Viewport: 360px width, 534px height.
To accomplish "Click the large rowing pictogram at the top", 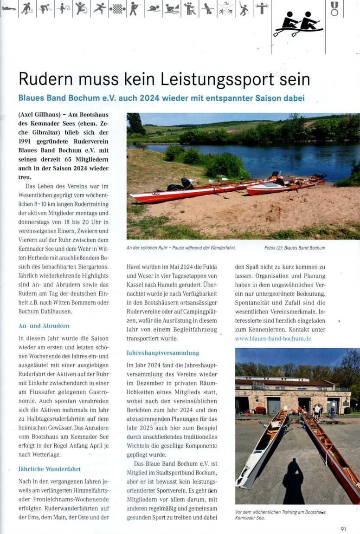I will [x=298, y=24].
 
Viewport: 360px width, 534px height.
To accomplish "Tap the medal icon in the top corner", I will [x=334, y=8].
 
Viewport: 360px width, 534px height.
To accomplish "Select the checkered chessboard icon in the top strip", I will [x=117, y=8].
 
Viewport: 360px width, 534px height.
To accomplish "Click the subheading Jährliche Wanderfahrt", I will [x=49, y=456].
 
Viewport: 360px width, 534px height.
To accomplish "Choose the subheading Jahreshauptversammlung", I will [x=163, y=353].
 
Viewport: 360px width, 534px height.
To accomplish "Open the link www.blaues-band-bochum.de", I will [x=273, y=339].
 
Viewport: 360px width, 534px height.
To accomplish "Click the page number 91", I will [x=343, y=528].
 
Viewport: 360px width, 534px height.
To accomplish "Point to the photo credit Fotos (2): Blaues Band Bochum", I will [x=295, y=248].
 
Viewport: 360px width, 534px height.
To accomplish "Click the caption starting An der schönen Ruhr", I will [x=181, y=248].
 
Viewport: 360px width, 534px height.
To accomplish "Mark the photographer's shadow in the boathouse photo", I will [x=293, y=481].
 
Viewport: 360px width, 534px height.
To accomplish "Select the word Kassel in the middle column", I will [x=135, y=285].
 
